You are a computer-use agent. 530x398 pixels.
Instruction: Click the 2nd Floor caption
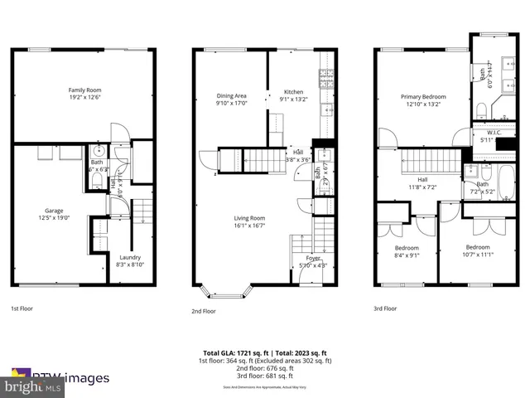[x=204, y=311]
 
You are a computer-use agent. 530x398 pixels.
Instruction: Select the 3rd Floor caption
[x=384, y=308]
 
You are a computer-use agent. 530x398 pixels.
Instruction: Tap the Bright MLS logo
[x=33, y=386]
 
